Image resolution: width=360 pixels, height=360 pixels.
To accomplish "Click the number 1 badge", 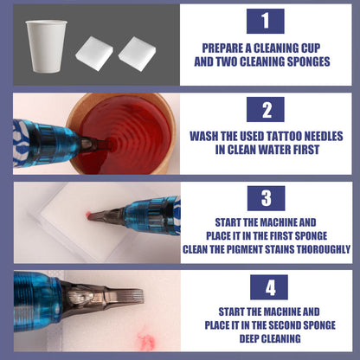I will pyautogui.click(x=265, y=22).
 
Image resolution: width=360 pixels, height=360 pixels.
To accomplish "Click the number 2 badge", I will pyautogui.click(x=265, y=109).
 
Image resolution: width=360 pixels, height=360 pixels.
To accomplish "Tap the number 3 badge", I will pyautogui.click(x=265, y=198).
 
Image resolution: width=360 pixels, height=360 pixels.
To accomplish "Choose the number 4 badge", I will pyautogui.click(x=265, y=286).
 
